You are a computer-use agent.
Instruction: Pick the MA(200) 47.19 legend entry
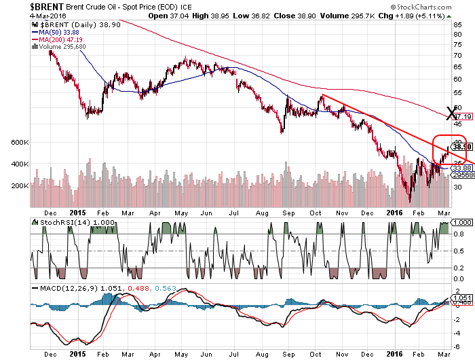point(59,39)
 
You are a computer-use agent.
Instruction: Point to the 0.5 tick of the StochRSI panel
point(459,251)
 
